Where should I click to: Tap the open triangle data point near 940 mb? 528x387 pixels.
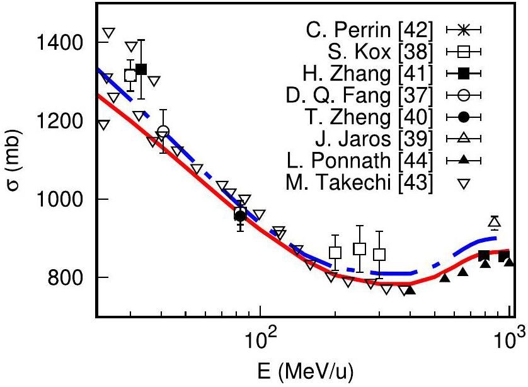pos(495,222)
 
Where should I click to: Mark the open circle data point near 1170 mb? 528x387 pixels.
pos(164,132)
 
